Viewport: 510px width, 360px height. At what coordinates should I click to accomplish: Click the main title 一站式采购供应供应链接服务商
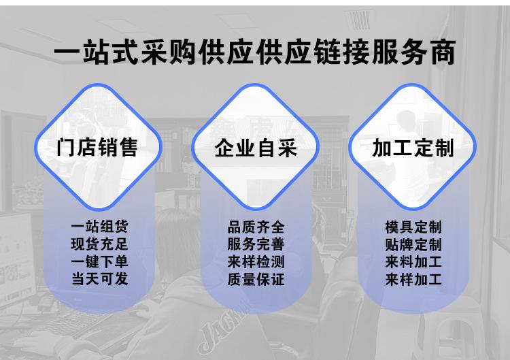(254, 52)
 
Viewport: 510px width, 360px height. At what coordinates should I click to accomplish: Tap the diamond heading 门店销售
(98, 147)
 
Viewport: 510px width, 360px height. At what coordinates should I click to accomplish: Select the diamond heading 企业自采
(256, 147)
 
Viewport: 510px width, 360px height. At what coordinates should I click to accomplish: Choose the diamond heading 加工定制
(413, 147)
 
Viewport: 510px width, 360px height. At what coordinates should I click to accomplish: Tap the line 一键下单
(99, 262)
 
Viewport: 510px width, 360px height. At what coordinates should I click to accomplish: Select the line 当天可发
(99, 279)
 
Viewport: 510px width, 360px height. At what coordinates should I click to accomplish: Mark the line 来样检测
(256, 262)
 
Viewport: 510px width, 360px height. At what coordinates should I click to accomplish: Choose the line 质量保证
(256, 279)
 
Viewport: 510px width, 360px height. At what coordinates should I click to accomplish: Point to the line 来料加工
(413, 262)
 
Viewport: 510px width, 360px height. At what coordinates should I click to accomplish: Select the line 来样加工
(413, 279)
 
